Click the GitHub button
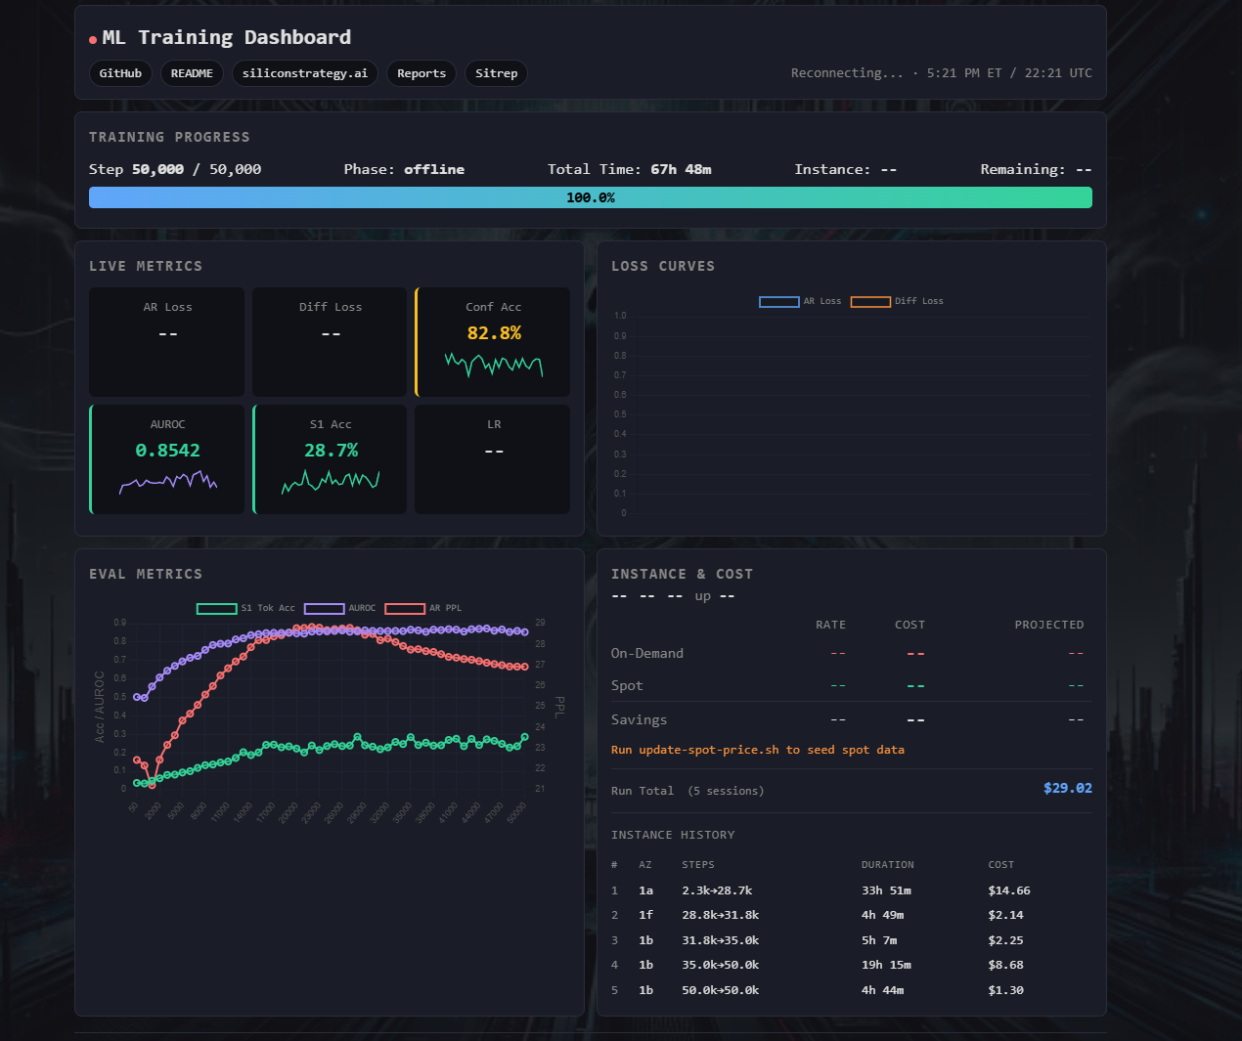pos(120,73)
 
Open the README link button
pos(192,73)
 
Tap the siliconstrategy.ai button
pos(304,73)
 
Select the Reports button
pos(421,73)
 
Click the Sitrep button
pos(496,73)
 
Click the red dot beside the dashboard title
pos(93,40)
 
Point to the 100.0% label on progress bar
pos(590,197)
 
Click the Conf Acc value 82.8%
pos(494,333)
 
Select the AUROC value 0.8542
pos(167,451)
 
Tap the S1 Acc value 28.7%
pos(331,451)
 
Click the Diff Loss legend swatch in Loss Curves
pos(869,301)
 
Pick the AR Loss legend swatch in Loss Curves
pos(778,301)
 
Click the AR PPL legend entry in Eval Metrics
pos(423,608)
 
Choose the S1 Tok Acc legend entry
pos(245,608)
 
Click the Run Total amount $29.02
pos(1067,788)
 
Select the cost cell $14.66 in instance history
pos(1008,890)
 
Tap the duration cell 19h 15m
pos(885,965)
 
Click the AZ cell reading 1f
pos(645,915)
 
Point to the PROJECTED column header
pos(1048,625)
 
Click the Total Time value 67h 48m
pos(681,169)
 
